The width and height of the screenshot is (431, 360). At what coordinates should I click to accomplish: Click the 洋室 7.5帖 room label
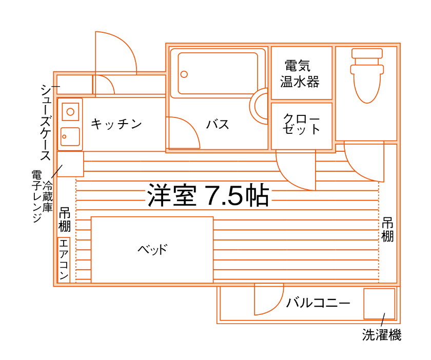[208, 195]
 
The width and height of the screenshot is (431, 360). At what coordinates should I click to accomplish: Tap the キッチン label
[116, 124]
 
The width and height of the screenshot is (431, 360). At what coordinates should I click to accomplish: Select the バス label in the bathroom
[218, 125]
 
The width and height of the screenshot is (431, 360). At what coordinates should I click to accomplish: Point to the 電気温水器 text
[300, 74]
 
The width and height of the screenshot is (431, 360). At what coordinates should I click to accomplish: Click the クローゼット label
[301, 124]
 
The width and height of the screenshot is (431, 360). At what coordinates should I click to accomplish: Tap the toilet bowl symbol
[367, 76]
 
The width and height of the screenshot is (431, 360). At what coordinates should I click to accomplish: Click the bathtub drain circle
[184, 74]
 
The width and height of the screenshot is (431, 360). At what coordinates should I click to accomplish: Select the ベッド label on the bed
[152, 250]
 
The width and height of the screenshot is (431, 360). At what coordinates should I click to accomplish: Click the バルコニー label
[318, 303]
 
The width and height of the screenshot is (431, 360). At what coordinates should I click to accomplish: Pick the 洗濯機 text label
[382, 335]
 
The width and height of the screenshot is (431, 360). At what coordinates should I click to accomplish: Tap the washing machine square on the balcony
[379, 304]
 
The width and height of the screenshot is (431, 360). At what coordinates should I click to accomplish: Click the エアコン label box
[64, 259]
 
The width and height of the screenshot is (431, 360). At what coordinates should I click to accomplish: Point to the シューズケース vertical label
[46, 122]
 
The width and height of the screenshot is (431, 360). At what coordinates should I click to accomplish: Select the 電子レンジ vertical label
[36, 196]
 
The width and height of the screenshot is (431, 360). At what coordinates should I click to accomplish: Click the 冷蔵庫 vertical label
[47, 196]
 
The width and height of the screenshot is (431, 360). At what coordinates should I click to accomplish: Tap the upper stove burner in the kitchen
[70, 112]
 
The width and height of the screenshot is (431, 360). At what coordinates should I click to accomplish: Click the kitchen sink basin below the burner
[70, 136]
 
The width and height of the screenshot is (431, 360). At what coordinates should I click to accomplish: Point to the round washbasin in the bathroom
[259, 106]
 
